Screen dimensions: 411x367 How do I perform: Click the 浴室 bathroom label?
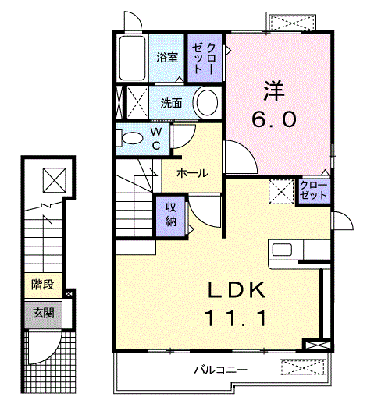click(x=166, y=57)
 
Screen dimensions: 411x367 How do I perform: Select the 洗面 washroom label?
click(x=172, y=102)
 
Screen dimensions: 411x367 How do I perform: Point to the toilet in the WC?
click(x=130, y=139)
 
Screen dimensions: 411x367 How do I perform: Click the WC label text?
click(x=156, y=139)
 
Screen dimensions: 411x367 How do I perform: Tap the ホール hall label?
click(x=192, y=173)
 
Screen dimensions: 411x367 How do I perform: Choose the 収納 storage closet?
click(x=170, y=214)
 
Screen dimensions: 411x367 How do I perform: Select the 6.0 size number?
click(x=273, y=119)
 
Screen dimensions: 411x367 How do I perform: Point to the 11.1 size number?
click(x=237, y=318)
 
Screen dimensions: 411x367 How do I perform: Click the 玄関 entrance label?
click(x=44, y=314)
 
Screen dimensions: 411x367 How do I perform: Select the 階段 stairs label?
click(x=43, y=284)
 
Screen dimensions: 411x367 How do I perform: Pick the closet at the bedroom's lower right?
click(x=313, y=190)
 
